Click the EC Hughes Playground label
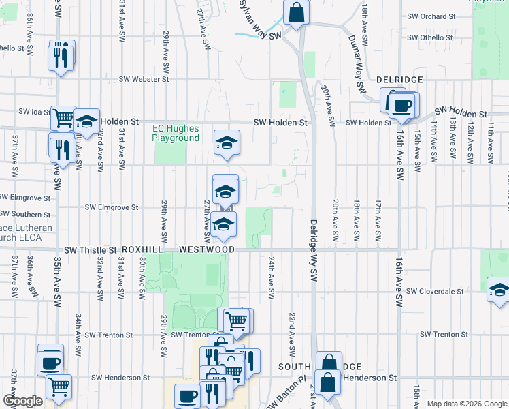point(176,133)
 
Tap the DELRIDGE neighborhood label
point(400,80)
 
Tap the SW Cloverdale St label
point(435,291)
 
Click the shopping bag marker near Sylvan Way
point(297,12)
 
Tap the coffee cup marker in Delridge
point(401,106)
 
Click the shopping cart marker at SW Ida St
point(63,119)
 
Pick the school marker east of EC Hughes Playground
point(227,142)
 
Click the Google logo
point(23,401)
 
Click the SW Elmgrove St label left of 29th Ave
point(112,207)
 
